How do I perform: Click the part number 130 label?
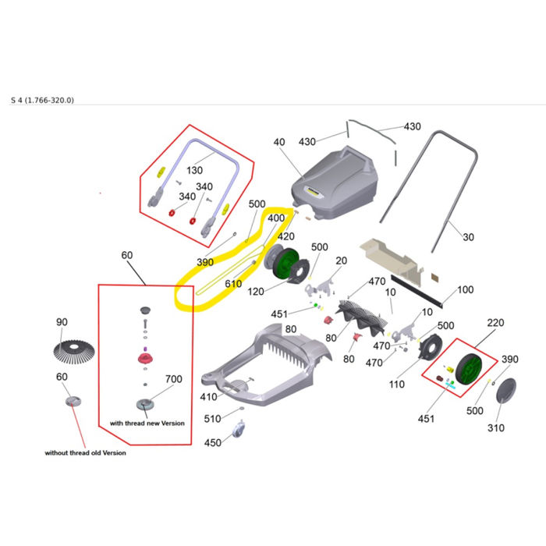(194, 170)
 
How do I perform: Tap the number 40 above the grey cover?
(279, 142)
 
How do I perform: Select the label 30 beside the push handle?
(468, 237)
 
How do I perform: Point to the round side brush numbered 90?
(74, 352)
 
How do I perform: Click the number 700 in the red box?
(174, 379)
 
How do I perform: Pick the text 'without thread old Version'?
(85, 452)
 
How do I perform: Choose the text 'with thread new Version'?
(147, 423)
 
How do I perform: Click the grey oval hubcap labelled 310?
(505, 391)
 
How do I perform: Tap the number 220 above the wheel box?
(495, 323)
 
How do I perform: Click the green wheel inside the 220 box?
(468, 370)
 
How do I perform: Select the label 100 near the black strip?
(465, 289)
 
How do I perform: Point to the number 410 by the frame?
(208, 396)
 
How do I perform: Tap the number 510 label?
(212, 419)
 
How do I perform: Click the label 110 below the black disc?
(396, 384)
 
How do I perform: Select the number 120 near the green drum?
(256, 292)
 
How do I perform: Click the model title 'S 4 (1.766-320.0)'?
(42, 101)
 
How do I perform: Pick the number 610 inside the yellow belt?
(233, 284)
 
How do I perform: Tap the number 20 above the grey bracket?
(342, 261)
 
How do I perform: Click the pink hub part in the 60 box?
(145, 358)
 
